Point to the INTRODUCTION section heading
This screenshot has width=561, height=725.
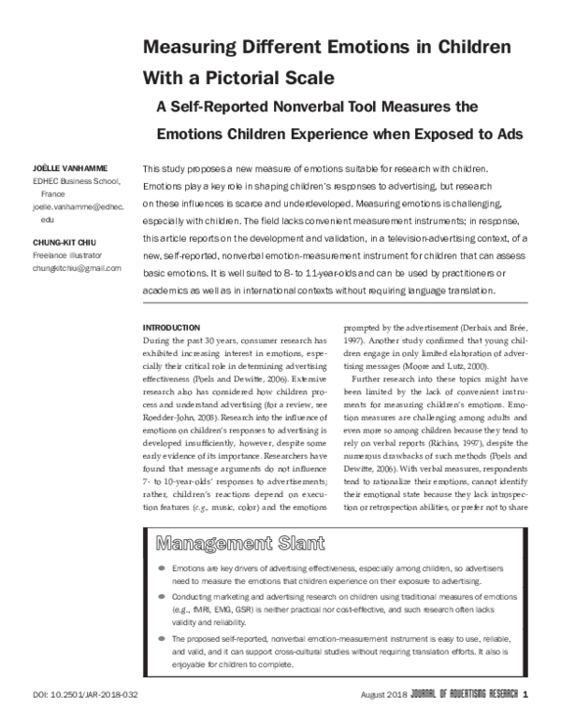tap(170, 328)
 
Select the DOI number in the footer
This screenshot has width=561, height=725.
tap(85, 693)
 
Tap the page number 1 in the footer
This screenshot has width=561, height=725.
tap(526, 693)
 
